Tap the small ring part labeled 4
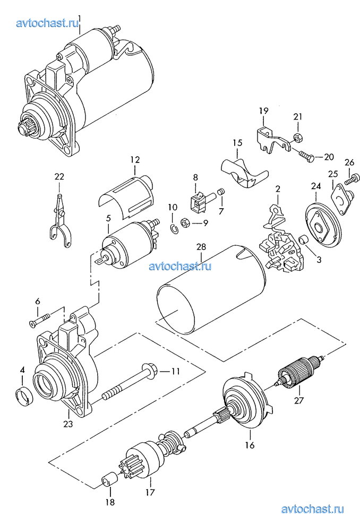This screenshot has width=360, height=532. (22, 396)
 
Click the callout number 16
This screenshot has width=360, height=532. (250, 445)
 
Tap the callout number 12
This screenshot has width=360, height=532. (134, 159)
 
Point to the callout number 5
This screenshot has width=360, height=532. (108, 217)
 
